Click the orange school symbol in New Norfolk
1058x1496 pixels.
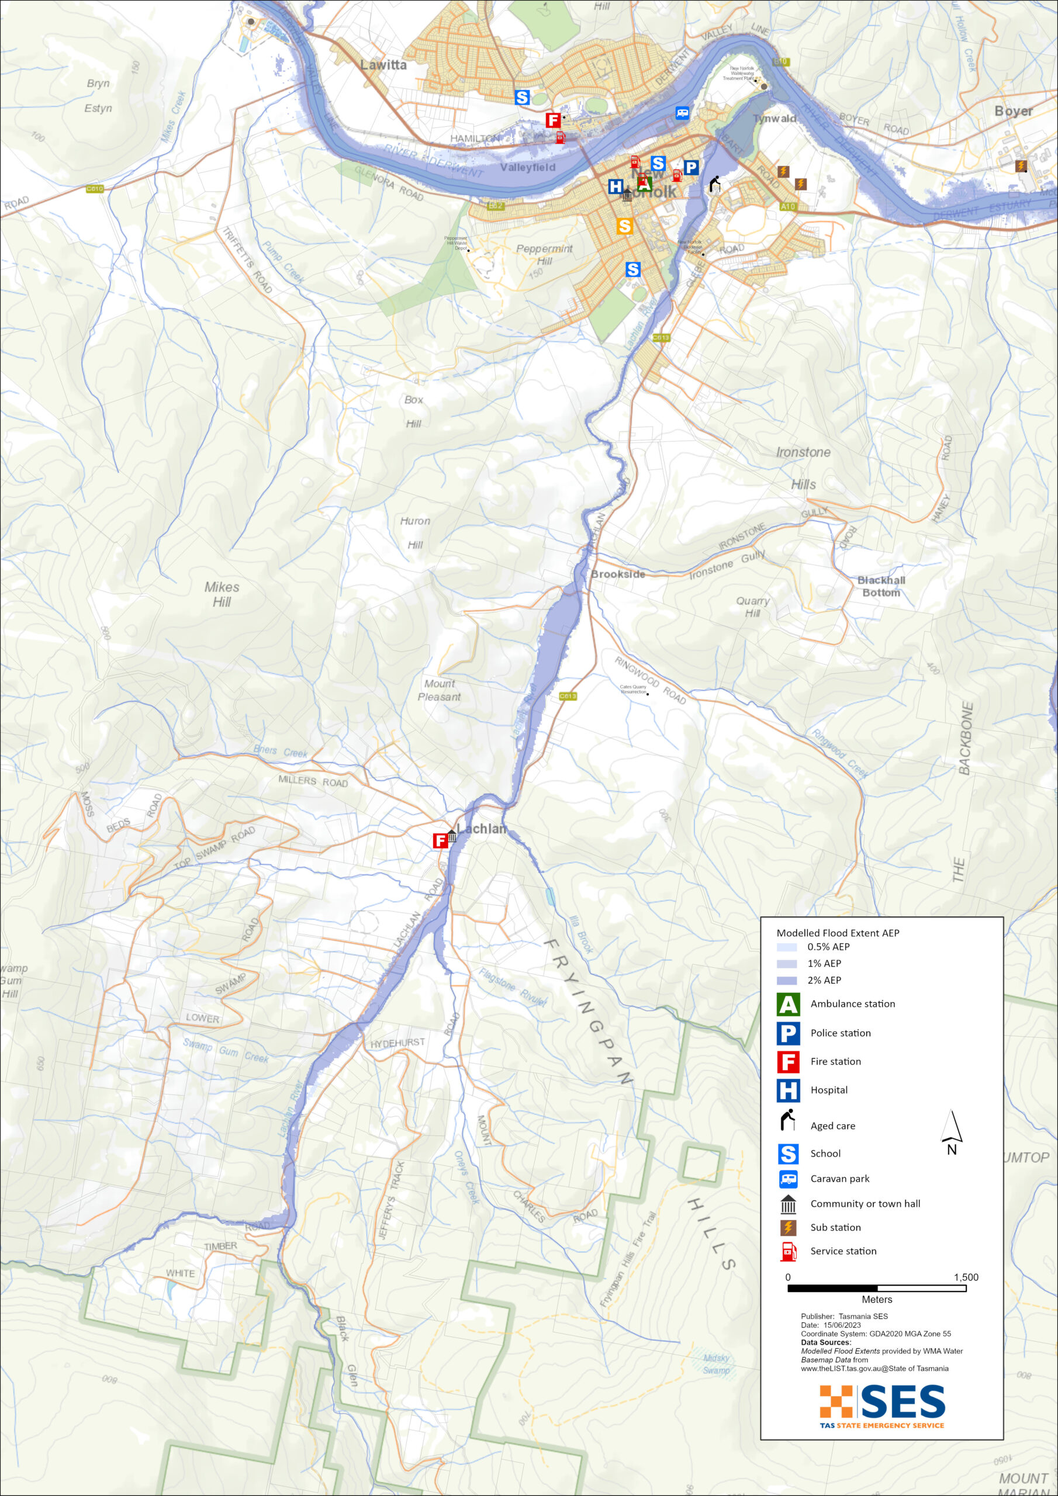[x=624, y=226]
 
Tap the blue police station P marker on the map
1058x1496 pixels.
[x=691, y=168]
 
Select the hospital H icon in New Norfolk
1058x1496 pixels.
[x=616, y=187]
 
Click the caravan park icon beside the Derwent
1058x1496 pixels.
[x=683, y=113]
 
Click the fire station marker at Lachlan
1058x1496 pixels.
[x=441, y=840]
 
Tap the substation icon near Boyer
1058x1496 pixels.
[x=1021, y=166]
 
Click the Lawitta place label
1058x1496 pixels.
[x=383, y=65]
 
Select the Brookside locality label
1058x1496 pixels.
[x=617, y=574]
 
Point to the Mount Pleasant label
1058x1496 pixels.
[x=440, y=690]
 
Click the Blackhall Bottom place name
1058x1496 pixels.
[x=881, y=586]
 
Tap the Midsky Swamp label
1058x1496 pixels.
[x=717, y=1364]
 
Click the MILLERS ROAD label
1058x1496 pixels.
[x=313, y=781]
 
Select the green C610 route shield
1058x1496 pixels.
[x=95, y=189]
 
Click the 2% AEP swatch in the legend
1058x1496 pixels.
[x=787, y=980]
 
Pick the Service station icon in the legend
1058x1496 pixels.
[x=789, y=1251]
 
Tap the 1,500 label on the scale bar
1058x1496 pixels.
[x=966, y=1277]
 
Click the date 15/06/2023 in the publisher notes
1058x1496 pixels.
[x=842, y=1325]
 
